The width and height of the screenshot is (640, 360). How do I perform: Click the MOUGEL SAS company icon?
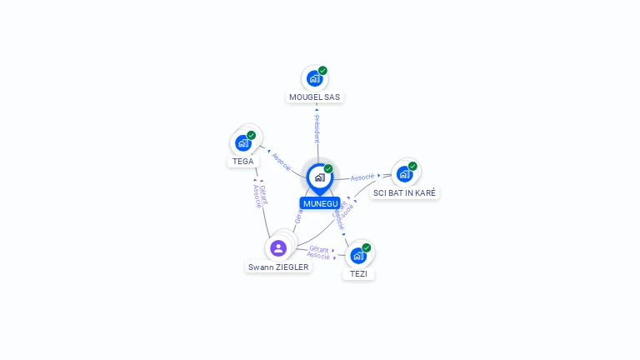click(314, 78)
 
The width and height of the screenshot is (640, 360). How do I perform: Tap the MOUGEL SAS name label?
click(315, 97)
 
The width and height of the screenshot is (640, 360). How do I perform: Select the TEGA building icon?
click(243, 142)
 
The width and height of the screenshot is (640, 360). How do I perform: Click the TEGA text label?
click(243, 161)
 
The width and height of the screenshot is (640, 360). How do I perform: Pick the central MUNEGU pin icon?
click(319, 177)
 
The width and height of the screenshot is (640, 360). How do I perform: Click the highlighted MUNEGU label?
click(320, 203)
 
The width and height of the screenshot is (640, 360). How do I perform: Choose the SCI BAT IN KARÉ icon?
click(404, 174)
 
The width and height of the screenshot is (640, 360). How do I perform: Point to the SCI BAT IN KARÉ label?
click(405, 192)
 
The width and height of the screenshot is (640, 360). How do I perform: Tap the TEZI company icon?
click(358, 255)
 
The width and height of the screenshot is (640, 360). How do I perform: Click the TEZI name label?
click(359, 273)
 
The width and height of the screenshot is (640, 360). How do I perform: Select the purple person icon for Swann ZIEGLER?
click(278, 247)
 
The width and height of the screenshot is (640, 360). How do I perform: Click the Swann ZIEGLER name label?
click(278, 267)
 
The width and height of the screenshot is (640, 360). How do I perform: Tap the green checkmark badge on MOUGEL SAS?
click(322, 71)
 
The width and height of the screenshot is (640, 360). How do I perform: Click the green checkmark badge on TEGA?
click(251, 135)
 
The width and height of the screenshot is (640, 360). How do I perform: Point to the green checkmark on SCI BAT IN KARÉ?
click(412, 166)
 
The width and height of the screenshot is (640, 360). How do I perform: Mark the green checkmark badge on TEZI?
click(366, 247)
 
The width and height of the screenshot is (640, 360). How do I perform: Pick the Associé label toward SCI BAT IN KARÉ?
click(362, 177)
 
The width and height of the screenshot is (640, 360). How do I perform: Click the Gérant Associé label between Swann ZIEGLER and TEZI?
click(318, 252)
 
